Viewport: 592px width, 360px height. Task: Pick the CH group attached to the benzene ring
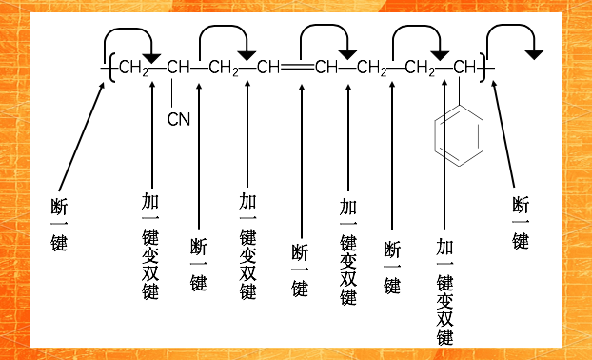pos(464,69)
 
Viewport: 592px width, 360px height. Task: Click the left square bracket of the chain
pos(112,69)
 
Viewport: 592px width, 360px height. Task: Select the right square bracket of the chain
pos(482,69)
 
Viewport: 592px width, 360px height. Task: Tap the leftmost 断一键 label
pos(59,224)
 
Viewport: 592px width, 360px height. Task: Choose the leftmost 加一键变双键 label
pos(150,245)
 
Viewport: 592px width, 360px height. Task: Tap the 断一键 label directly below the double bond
pos(300,270)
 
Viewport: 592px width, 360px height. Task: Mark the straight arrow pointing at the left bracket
pos(81,134)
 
